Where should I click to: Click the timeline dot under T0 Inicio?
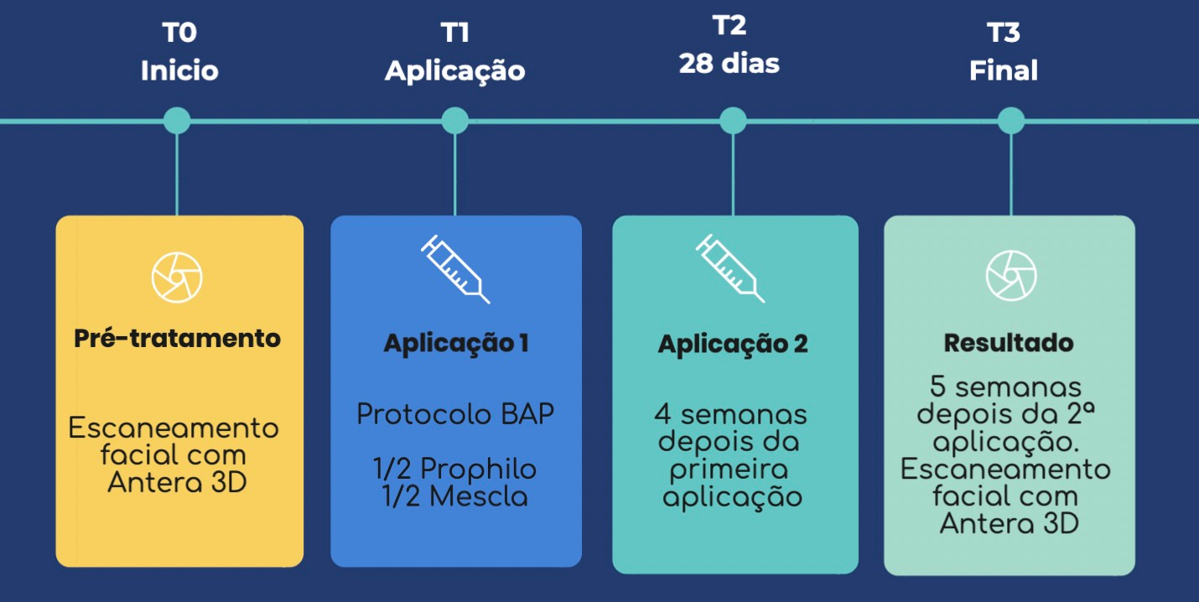[176, 121]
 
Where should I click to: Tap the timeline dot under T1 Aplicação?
[454, 121]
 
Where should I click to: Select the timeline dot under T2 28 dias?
[733, 121]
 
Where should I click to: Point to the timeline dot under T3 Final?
[1010, 121]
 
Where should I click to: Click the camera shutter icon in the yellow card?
[177, 277]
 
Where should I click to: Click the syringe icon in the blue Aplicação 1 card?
[455, 269]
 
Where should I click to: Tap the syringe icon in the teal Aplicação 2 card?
[730, 268]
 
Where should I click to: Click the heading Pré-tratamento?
[177, 339]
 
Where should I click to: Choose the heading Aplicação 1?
[456, 344]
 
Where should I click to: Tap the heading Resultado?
[1009, 343]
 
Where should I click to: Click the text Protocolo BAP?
[456, 414]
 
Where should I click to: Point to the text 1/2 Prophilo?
[455, 469]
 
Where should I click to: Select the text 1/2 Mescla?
[455, 496]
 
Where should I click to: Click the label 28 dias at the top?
[729, 64]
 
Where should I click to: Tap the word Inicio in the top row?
[179, 70]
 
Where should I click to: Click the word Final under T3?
[1004, 70]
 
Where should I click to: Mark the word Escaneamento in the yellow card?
[173, 428]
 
